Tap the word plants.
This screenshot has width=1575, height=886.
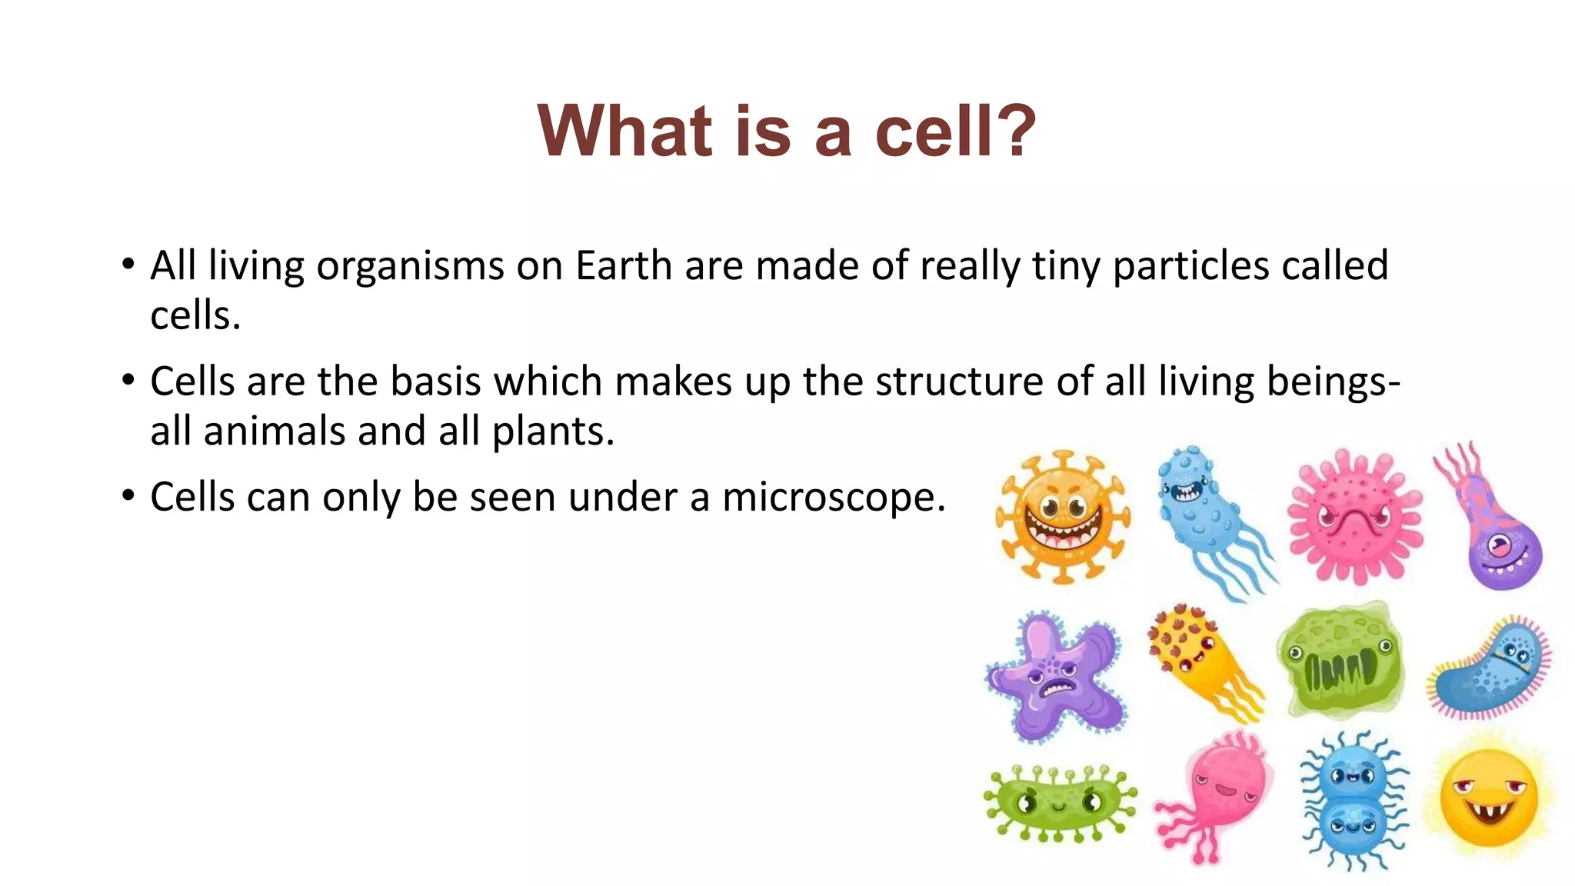(x=553, y=431)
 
